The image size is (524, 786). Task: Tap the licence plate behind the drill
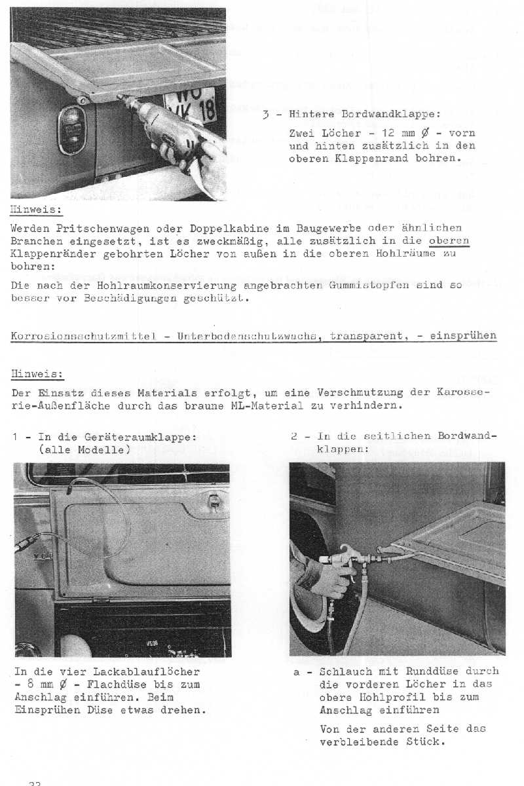190,105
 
